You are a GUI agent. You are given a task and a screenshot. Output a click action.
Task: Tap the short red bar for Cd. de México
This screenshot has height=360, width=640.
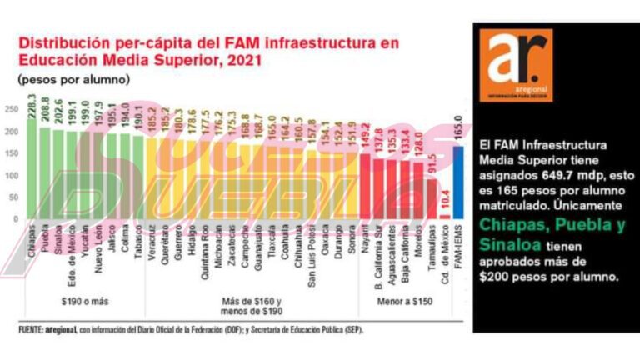tap(442, 215)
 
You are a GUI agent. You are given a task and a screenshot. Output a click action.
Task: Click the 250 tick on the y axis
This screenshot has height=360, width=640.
tap(10, 109)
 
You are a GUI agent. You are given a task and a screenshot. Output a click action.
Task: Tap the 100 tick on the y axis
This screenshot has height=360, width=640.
tap(10, 175)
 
